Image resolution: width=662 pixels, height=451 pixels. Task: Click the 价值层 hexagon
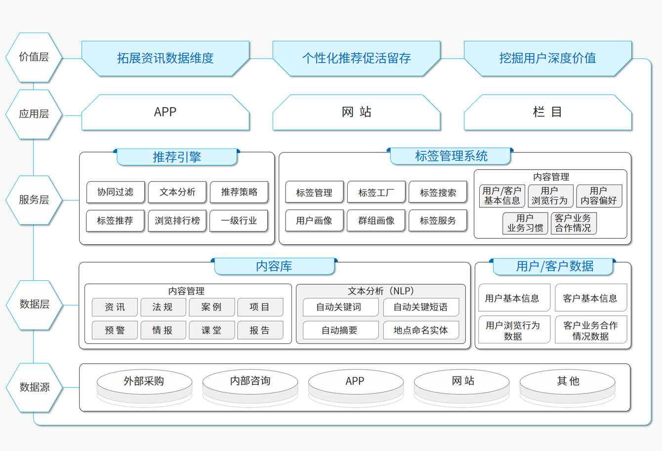[x=34, y=57]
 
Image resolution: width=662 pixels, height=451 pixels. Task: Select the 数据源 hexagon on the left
[x=34, y=387]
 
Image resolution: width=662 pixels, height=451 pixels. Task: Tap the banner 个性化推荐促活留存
[x=356, y=58]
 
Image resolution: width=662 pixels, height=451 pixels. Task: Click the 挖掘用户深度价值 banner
[x=547, y=58]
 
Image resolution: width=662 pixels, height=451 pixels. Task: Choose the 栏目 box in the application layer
[x=547, y=112]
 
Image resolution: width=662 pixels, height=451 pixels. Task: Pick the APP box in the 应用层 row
[x=165, y=112]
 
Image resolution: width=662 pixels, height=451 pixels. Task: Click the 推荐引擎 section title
[x=177, y=157]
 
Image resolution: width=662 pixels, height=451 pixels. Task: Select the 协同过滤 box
[x=116, y=192]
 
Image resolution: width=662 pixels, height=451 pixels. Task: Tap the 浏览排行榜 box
[x=177, y=221]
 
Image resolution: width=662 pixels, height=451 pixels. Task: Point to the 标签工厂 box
[x=376, y=192]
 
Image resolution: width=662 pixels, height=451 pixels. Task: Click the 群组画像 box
[x=376, y=221]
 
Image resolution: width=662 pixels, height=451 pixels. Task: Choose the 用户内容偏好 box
[x=599, y=196]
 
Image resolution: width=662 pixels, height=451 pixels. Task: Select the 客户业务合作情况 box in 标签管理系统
[x=574, y=224]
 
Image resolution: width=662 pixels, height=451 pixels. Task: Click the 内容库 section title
[x=274, y=266]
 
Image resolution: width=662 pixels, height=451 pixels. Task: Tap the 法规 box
[x=163, y=307]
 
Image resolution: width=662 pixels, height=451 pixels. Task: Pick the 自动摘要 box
[x=340, y=330]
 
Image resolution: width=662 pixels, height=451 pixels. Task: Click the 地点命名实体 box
[x=421, y=330]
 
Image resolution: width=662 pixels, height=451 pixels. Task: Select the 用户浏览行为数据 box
[x=514, y=330]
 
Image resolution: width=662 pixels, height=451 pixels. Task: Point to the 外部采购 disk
[x=145, y=385]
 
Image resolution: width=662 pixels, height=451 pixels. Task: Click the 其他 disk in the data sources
[x=568, y=385]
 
